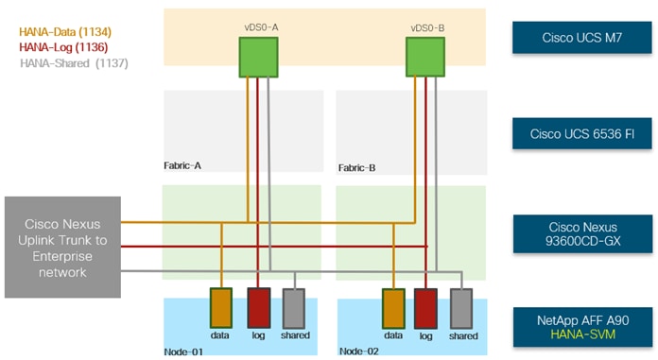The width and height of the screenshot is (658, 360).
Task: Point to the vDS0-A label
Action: tap(260, 27)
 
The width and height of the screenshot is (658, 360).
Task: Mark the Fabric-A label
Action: tap(182, 165)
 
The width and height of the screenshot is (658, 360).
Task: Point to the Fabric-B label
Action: tap(357, 167)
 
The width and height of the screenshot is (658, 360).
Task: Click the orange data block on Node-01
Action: tap(221, 308)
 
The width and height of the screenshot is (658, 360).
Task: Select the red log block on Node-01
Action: tap(259, 308)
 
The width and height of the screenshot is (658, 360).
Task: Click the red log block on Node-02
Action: tap(426, 308)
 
